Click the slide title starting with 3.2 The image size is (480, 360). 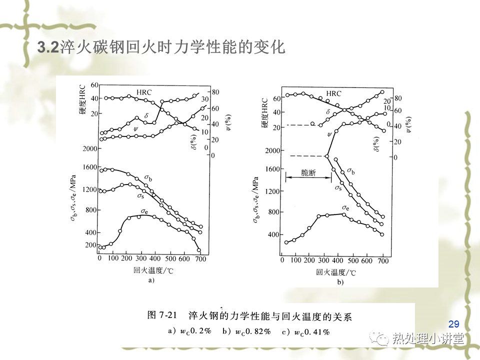(x=161, y=48)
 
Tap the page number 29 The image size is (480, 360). (x=454, y=323)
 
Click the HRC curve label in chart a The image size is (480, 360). (x=143, y=92)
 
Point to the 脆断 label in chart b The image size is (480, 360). (x=308, y=172)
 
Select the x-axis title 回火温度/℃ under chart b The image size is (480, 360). (x=336, y=272)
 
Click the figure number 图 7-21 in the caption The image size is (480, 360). (x=163, y=316)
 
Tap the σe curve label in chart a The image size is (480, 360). (x=144, y=210)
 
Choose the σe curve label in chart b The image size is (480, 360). (x=345, y=207)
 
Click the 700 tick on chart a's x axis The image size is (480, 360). (x=201, y=259)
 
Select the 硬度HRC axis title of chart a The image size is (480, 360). (x=82, y=100)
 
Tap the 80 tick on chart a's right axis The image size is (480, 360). (x=216, y=92)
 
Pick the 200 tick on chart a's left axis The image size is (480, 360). (x=89, y=244)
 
